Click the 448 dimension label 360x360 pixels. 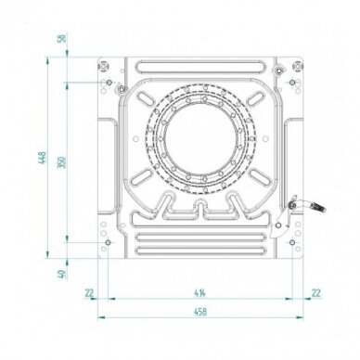coord(43,158)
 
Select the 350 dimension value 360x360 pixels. coord(62,162)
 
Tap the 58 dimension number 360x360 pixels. coord(62,38)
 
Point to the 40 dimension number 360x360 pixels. coord(62,274)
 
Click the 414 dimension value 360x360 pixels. coord(200,292)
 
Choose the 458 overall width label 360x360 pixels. coord(200,312)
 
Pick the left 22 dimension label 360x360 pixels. coord(89,292)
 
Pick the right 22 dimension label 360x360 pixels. coord(316,292)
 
